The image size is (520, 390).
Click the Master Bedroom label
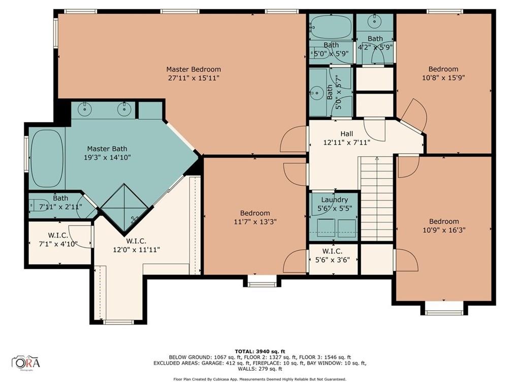point(193,69)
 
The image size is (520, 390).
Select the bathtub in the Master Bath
point(47,158)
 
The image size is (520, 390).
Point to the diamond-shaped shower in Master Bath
point(126,204)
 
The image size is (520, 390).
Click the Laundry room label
point(334,200)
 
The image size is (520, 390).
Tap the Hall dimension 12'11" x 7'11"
point(347,142)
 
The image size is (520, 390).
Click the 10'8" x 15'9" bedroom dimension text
point(443,78)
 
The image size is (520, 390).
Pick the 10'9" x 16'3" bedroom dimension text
point(444,230)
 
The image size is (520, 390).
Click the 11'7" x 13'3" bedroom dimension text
point(255,222)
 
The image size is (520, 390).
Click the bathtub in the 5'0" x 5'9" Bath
point(331,27)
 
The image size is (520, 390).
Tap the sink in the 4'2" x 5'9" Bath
point(375,21)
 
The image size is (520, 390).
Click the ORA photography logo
point(26,363)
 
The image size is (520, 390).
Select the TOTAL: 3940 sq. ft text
point(259,351)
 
